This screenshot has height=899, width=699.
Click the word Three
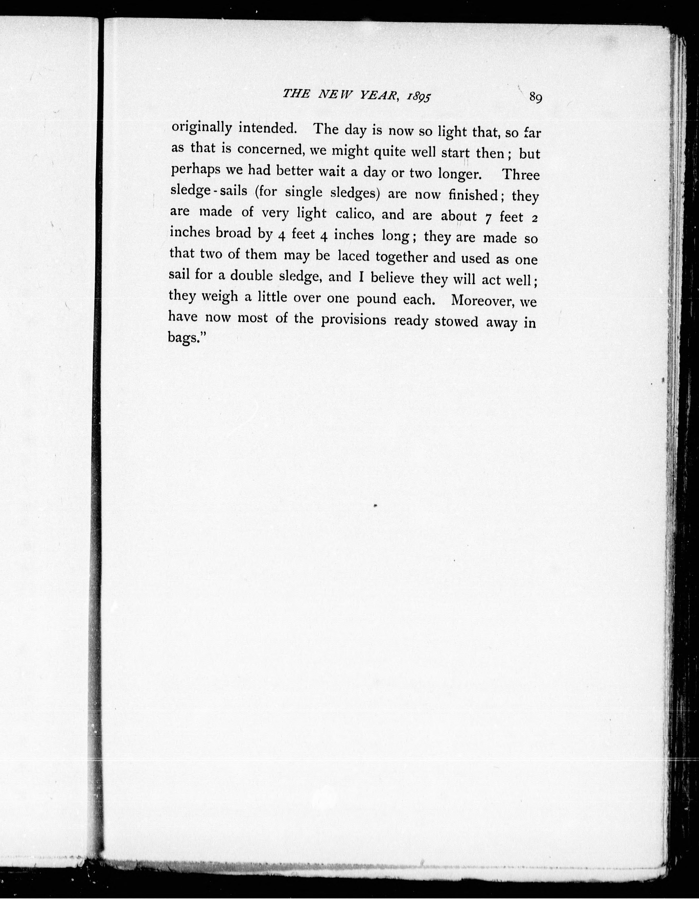(x=521, y=175)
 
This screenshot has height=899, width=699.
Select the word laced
(x=354, y=256)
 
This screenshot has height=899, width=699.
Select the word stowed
(x=456, y=321)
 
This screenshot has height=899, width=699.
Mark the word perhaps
(x=194, y=170)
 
